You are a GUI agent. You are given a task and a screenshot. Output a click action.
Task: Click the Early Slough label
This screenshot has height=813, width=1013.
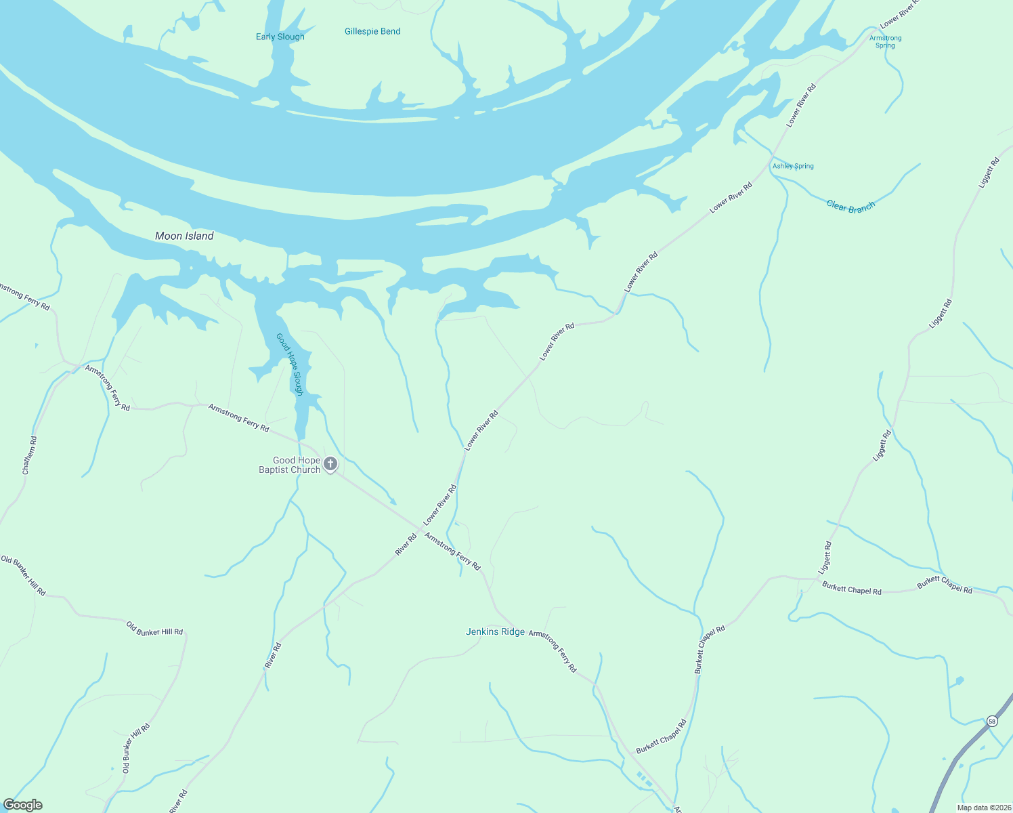point(280,37)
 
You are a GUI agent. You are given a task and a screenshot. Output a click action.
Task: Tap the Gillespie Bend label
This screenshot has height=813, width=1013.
point(372,31)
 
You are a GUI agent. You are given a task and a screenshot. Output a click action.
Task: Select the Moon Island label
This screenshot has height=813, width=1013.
point(184,236)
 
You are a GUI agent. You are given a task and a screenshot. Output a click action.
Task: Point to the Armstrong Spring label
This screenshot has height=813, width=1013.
point(885,41)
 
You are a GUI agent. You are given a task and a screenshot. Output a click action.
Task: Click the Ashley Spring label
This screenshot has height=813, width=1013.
point(793,166)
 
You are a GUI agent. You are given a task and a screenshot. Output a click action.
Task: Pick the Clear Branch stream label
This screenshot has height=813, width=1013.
point(850,207)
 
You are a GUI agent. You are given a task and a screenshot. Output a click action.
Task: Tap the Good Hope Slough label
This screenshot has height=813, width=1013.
point(289,364)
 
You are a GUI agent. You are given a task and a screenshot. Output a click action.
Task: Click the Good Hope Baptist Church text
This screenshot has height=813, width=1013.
point(290,465)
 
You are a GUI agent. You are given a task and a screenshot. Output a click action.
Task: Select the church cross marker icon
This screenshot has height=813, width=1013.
point(330,464)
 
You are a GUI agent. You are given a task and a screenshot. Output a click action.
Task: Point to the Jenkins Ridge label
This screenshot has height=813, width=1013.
point(495,631)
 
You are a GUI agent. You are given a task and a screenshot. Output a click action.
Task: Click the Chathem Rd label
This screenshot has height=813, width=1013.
point(29,455)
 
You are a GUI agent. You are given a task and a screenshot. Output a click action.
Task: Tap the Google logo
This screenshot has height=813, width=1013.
point(22,805)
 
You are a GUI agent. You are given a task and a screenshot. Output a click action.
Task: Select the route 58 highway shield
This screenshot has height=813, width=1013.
point(992,721)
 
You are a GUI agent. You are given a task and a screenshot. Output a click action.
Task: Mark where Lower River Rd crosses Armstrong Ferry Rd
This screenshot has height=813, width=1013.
point(419,528)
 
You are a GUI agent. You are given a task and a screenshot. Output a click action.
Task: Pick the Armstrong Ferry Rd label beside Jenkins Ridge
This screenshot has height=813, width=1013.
point(553,650)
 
